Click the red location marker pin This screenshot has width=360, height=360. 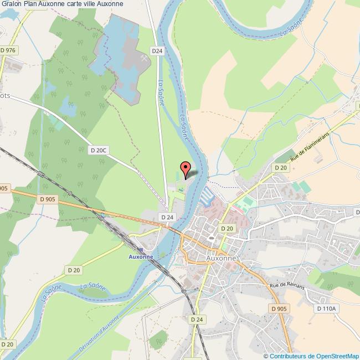tap(185, 168)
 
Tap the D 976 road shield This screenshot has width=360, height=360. tap(9, 50)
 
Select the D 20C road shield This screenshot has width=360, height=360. tap(99, 150)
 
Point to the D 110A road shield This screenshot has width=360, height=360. tap(326, 307)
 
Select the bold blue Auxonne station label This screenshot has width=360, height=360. tap(140, 257)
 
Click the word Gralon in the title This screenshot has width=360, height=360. tap(11, 4)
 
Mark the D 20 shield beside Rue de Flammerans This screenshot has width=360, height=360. tap(280, 167)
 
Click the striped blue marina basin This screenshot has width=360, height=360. tap(207, 194)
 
